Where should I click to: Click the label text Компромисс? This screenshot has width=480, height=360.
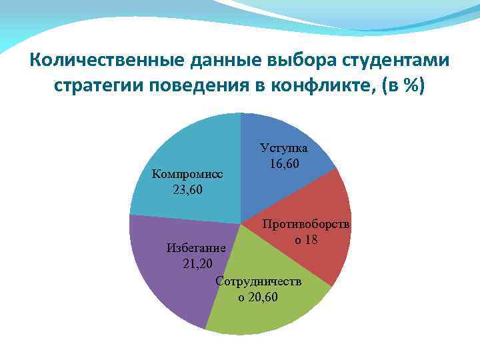187,174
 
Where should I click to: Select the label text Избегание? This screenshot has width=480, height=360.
196,248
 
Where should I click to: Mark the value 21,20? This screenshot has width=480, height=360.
197,264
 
